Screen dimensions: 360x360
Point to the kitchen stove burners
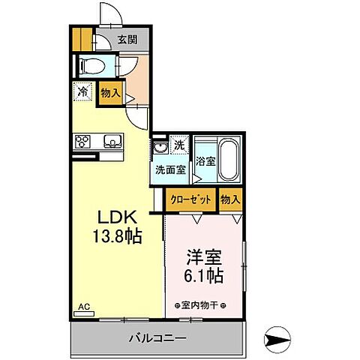tap(82, 141)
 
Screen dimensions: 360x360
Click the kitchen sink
tap(111, 141)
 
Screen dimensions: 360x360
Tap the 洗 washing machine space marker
tap(179, 143)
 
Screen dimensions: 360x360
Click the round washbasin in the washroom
tap(159, 147)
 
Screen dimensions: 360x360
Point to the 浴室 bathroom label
tap(205, 160)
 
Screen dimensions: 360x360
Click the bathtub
tap(227, 159)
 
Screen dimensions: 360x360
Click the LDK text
tap(115, 217)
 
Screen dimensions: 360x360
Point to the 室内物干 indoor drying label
tap(203, 305)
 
